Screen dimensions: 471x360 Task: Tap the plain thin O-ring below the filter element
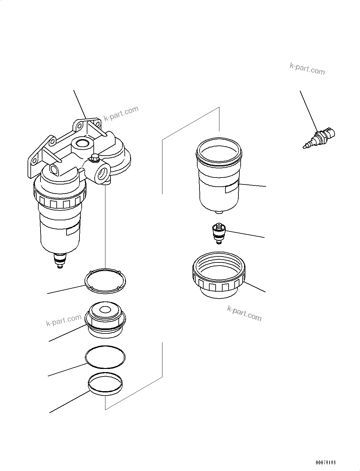coord(105,357)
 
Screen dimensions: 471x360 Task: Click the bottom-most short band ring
coord(105,384)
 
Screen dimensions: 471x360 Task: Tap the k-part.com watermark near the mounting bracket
coord(121,114)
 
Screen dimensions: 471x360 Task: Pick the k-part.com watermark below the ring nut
coord(244,313)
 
